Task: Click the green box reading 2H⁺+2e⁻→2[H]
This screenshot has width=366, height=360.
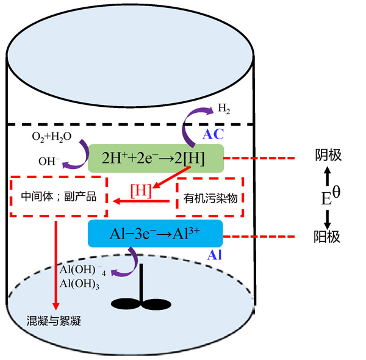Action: (x=156, y=158)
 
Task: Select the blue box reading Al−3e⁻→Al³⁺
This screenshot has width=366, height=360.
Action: (x=155, y=234)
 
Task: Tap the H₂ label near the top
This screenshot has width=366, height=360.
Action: (x=224, y=109)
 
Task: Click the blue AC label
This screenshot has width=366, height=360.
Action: (x=214, y=132)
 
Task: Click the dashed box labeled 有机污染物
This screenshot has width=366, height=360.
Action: (x=209, y=198)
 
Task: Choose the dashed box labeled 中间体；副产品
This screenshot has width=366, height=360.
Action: (x=60, y=198)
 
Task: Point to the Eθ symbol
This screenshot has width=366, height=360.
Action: (x=329, y=196)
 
